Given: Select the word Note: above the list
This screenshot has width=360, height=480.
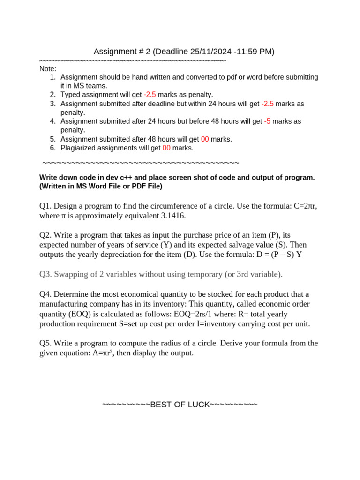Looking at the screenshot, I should [48, 69].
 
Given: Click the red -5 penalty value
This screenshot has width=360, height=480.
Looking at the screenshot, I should [267, 121].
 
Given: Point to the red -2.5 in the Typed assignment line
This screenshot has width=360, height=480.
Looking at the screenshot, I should [150, 95].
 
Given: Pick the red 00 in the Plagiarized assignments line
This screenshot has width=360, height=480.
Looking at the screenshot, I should [166, 148].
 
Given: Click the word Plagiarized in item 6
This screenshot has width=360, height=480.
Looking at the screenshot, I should [81, 148].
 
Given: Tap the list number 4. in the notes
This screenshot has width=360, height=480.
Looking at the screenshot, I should [52, 121].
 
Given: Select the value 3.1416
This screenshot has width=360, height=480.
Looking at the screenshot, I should [172, 216].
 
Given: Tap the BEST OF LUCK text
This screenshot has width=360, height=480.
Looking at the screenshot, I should [180, 405].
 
